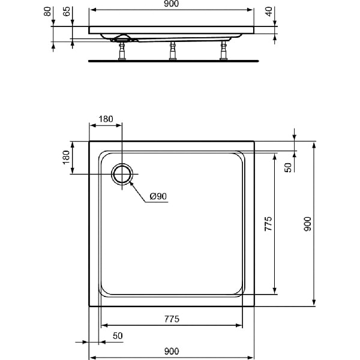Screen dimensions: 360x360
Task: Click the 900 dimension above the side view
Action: [171, 5]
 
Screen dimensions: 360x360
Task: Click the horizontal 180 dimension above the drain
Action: [106, 119]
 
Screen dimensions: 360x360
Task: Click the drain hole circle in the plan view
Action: [122, 174]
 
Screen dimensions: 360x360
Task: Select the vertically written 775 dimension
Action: [269, 224]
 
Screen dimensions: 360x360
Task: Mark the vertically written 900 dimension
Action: [307, 224]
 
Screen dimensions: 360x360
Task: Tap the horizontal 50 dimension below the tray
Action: [117, 336]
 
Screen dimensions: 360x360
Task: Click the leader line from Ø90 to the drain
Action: [138, 191]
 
